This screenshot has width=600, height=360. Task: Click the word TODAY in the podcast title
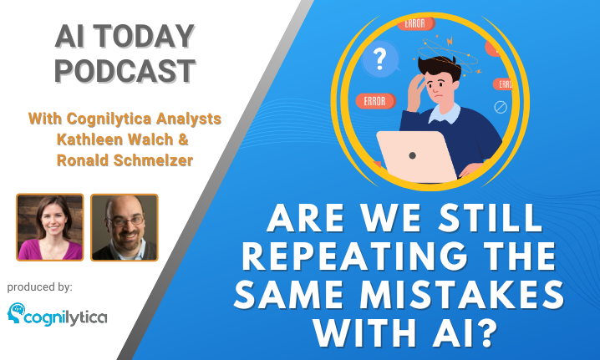tap(144, 36)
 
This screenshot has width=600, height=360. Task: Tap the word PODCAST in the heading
tap(125, 71)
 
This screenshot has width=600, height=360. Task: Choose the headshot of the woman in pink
tap(50, 227)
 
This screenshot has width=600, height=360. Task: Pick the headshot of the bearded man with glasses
tap(125, 227)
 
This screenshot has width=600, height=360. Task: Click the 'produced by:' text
tap(40, 287)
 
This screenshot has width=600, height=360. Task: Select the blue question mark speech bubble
tap(380, 59)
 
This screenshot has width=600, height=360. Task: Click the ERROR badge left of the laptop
tap(375, 101)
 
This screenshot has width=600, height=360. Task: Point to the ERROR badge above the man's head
tap(416, 23)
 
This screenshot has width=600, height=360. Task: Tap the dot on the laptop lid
tap(412, 155)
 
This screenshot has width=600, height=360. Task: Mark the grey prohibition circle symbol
tap(501, 108)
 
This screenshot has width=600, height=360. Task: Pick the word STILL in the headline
tap(491, 218)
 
